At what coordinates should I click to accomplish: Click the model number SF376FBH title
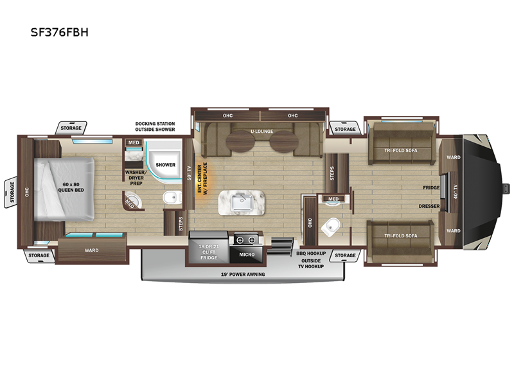click(x=60, y=32)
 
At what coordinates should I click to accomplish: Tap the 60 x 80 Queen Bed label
click(x=71, y=187)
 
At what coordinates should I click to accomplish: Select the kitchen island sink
click(x=242, y=203)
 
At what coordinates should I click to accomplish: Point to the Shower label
click(x=166, y=165)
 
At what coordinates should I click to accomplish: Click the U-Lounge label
click(x=262, y=132)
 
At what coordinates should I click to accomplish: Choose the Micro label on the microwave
click(x=247, y=254)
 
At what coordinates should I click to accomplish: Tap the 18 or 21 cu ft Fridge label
click(x=209, y=252)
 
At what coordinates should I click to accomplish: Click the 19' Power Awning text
click(x=243, y=275)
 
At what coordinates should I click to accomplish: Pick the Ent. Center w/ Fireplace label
click(x=202, y=179)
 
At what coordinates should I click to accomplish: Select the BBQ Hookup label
click(x=311, y=253)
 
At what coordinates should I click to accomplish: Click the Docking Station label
click(x=155, y=124)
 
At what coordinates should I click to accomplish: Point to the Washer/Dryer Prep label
click(x=136, y=178)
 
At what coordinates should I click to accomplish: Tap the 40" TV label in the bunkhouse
click(x=455, y=192)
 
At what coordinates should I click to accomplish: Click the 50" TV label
click(x=189, y=173)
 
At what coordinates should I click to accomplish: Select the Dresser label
click(x=429, y=206)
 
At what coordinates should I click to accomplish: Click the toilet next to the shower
click(x=172, y=198)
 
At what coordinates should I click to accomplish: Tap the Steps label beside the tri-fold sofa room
click(x=332, y=173)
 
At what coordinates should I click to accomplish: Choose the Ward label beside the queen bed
click(x=91, y=250)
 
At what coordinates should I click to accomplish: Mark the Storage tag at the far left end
click(x=12, y=192)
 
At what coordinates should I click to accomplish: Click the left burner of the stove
click(x=240, y=240)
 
